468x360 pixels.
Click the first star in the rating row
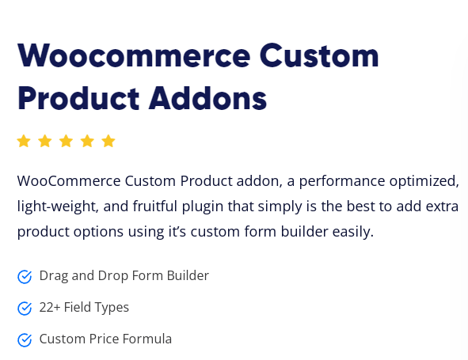(x=24, y=141)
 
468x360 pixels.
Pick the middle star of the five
(x=66, y=141)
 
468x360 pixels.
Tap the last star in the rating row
(x=108, y=141)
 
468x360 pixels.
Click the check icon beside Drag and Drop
(x=25, y=276)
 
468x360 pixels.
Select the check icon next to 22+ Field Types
(x=25, y=308)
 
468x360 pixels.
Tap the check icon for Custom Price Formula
(x=25, y=339)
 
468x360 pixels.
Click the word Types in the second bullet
(x=111, y=308)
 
